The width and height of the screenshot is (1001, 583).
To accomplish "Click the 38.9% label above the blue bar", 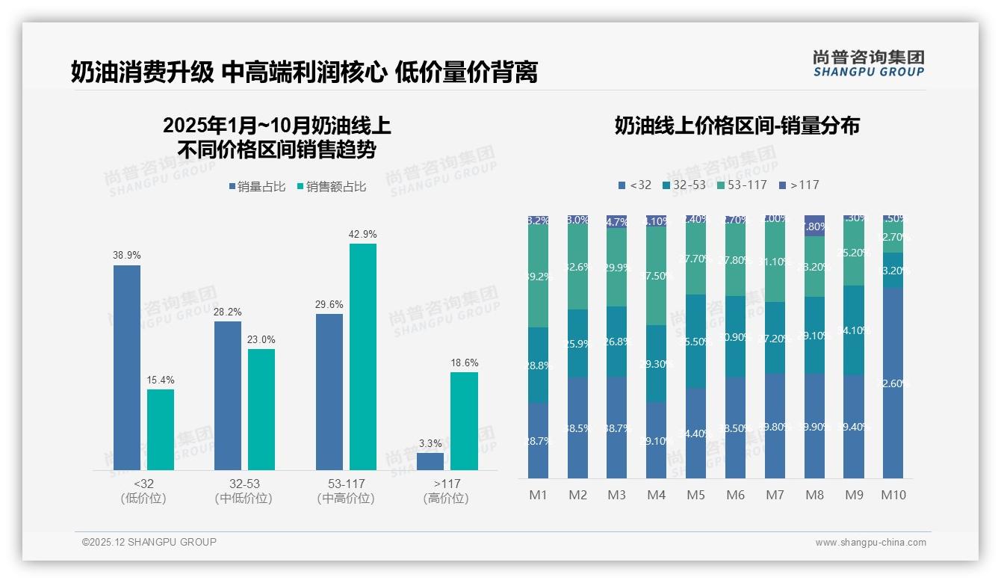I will (x=127, y=255).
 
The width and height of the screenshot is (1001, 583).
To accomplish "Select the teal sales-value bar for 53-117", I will (x=363, y=357).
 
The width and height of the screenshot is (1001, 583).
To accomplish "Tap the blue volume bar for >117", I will (x=430, y=461).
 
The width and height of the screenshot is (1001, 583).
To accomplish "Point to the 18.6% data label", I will (x=465, y=363).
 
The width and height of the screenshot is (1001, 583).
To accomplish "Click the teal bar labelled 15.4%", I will (x=161, y=429).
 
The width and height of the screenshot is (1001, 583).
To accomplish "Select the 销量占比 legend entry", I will (x=257, y=187).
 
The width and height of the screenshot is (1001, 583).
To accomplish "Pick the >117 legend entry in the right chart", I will (x=799, y=185).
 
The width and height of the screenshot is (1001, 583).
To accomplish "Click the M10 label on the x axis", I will (x=893, y=495).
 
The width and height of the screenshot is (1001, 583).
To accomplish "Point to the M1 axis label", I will (x=539, y=495).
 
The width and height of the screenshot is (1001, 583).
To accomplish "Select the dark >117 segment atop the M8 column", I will (x=814, y=226).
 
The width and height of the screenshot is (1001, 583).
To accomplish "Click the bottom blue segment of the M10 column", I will (x=893, y=383).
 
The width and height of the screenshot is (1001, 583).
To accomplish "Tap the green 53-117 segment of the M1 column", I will (x=539, y=275).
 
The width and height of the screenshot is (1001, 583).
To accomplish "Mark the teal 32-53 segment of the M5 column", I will (x=696, y=341).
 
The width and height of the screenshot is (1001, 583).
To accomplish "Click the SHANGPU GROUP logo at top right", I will (x=868, y=64).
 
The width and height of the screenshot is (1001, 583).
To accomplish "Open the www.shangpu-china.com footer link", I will (x=870, y=543).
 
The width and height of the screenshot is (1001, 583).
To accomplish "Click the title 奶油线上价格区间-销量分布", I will (x=737, y=126).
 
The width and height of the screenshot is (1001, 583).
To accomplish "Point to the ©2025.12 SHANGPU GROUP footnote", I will (x=149, y=543).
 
